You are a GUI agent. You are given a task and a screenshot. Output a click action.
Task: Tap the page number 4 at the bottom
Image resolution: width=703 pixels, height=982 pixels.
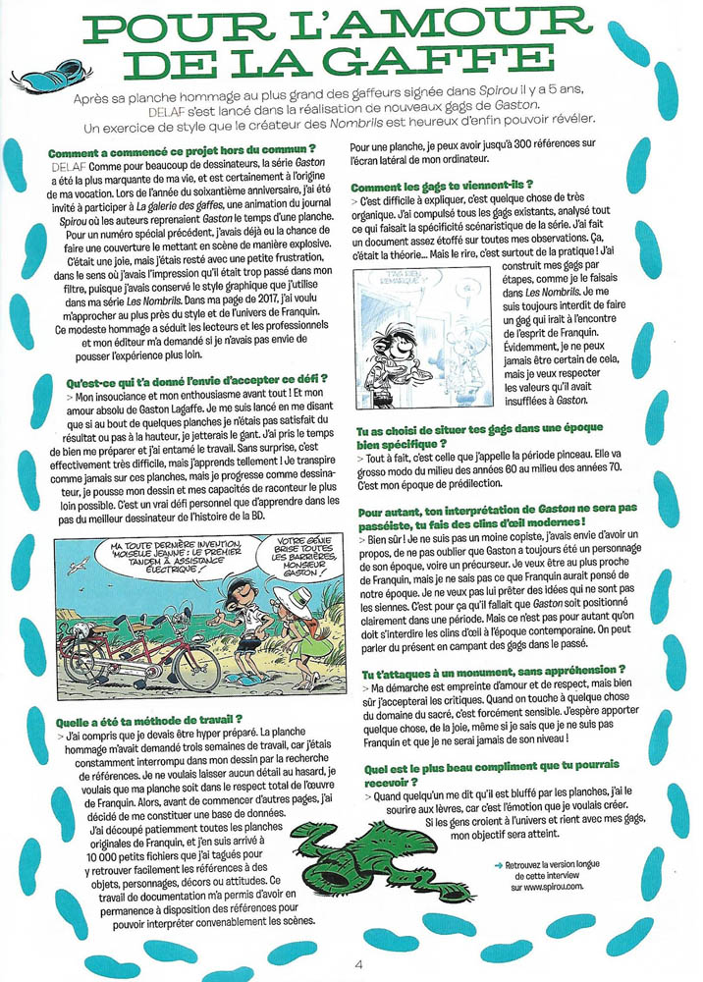tap(357, 963)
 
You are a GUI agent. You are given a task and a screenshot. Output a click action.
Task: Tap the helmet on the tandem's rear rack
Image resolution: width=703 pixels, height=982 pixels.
tap(82, 635)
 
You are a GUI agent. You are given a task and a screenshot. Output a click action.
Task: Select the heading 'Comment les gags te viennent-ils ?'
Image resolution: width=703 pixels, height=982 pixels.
tap(442, 186)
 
